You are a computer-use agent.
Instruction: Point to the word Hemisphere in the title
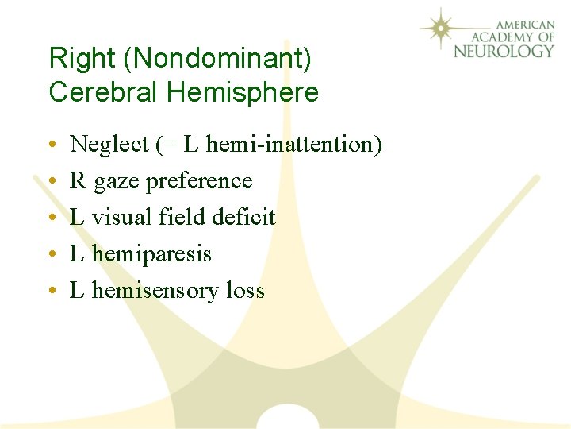[243, 93]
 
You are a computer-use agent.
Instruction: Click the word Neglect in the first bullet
[109, 145]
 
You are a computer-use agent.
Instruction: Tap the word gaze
[115, 182]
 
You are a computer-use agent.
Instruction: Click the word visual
[118, 217]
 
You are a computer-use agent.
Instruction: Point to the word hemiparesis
[151, 254]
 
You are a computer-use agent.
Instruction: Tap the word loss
[245, 291]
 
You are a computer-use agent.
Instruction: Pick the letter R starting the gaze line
[78, 181]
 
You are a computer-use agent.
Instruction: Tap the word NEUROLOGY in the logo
[504, 51]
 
